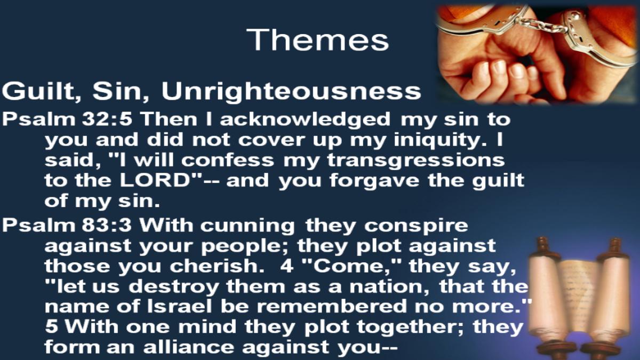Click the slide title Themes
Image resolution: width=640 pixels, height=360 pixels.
click(318, 39)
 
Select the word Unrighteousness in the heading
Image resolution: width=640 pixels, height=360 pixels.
click(291, 91)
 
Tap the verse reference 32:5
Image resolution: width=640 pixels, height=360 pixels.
click(107, 119)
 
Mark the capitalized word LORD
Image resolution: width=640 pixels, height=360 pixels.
click(155, 180)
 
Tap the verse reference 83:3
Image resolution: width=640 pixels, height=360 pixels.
click(107, 225)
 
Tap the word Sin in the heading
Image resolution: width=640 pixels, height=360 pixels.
click(121, 91)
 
